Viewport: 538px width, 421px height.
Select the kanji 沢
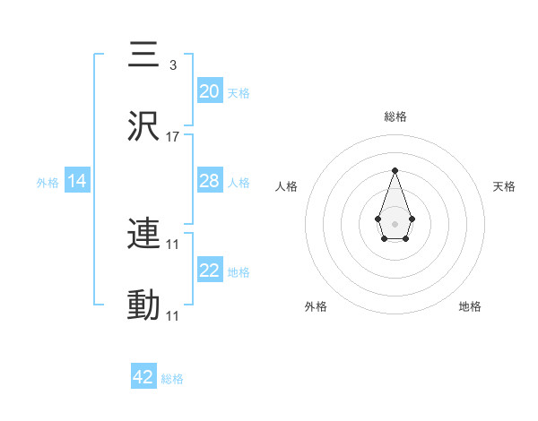(144, 127)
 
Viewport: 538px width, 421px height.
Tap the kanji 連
(144, 235)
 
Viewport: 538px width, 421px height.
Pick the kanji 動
(144, 305)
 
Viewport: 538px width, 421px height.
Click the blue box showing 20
(210, 91)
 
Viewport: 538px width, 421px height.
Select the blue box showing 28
(210, 181)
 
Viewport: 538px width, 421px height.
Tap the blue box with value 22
(210, 271)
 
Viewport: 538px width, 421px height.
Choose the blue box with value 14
(78, 181)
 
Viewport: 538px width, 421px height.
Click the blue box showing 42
(143, 377)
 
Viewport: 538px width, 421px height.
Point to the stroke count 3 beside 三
(172, 65)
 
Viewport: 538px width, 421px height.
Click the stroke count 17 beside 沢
(173, 137)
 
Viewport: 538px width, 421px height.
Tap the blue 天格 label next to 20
(239, 93)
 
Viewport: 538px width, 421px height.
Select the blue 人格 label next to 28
(239, 183)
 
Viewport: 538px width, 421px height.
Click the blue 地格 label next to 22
(239, 272)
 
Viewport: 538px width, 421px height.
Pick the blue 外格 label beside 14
(48, 183)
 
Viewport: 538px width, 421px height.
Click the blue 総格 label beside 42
(172, 379)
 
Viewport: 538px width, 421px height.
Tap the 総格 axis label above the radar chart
(395, 116)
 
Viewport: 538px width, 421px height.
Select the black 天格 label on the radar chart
(504, 186)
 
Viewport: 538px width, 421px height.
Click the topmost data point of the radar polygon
(395, 170)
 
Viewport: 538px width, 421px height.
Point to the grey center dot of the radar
(395, 222)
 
